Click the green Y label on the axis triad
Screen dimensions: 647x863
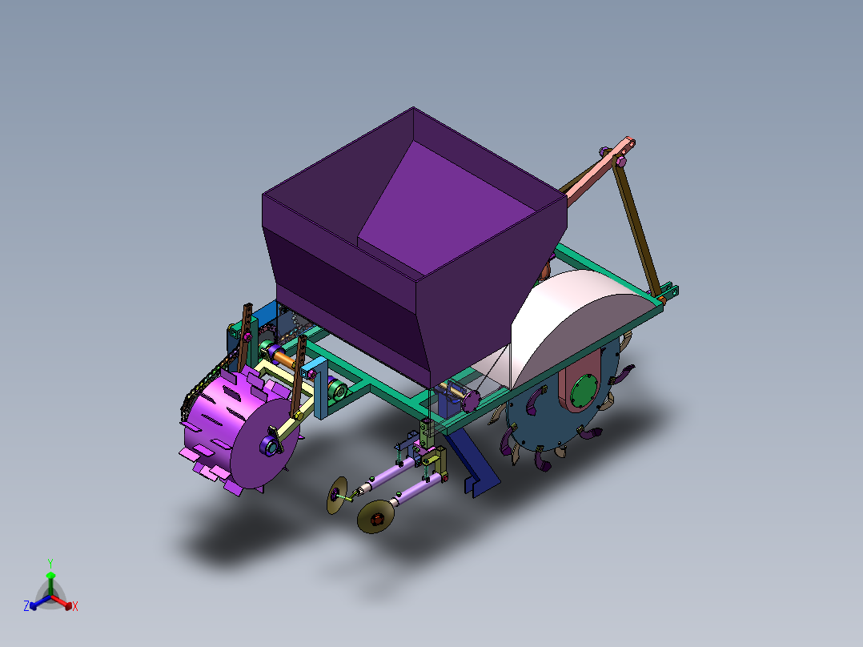pyautogui.click(x=50, y=563)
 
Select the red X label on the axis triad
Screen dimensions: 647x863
pyautogui.click(x=75, y=606)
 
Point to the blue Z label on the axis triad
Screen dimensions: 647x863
pyautogui.click(x=26, y=606)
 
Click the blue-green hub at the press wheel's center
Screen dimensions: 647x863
pyautogui.click(x=271, y=446)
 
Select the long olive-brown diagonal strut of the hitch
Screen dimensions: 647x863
pyautogui.click(x=638, y=224)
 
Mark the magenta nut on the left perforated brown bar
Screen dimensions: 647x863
pyautogui.click(x=247, y=340)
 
